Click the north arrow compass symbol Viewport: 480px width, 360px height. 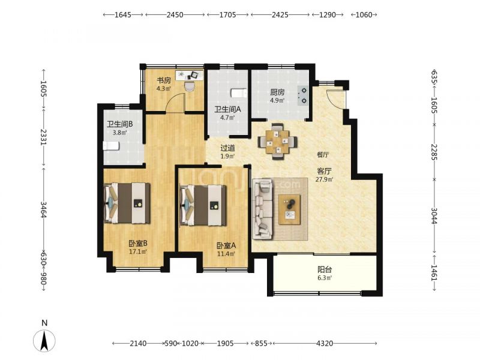[44, 340]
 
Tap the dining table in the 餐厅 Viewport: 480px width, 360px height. [277, 142]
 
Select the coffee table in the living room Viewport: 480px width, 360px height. [289, 209]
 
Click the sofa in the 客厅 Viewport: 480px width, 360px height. [263, 209]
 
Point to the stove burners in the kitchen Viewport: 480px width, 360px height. [303, 95]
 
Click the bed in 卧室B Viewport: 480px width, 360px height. [127, 203]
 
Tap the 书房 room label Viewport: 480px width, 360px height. [164, 80]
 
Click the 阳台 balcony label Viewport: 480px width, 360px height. [325, 269]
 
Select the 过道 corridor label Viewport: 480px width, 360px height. [228, 148]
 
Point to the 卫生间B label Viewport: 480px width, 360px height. [119, 124]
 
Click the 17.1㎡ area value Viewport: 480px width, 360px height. [138, 252]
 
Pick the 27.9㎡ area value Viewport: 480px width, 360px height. [324, 179]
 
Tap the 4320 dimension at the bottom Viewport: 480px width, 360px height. [325, 343]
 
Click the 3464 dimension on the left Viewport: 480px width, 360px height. [43, 209]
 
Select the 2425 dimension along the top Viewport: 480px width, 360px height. [280, 14]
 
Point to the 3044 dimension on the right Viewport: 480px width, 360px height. [434, 215]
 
